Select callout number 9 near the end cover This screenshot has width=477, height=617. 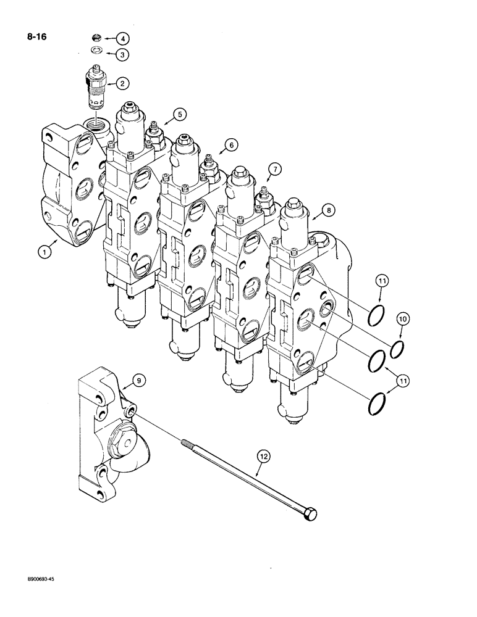[138, 381]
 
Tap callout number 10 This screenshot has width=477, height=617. [403, 319]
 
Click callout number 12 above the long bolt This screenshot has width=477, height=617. [264, 457]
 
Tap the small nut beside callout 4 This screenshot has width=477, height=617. [96, 38]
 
